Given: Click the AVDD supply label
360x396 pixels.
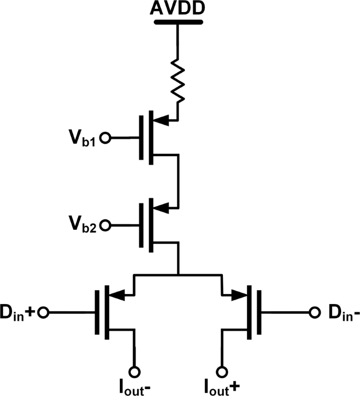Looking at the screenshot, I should pyautogui.click(x=179, y=9).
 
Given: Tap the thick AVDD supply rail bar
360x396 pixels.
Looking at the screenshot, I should pyautogui.click(x=179, y=23).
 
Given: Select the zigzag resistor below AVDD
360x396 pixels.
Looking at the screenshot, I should pyautogui.click(x=179, y=82).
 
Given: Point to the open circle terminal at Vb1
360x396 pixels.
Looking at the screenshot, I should pyautogui.click(x=105, y=138).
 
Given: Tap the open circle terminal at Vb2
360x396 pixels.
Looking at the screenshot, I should pyautogui.click(x=105, y=226).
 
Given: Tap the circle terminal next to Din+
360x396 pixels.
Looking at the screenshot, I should pyautogui.click(x=44, y=312).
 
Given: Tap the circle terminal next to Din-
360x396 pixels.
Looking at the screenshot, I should pyautogui.click(x=315, y=312).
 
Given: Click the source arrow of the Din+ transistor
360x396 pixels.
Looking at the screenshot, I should pyautogui.click(x=120, y=296).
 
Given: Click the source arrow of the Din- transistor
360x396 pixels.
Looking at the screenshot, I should pyautogui.click(x=239, y=296).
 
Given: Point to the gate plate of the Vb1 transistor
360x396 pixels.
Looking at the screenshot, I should pyautogui.click(x=142, y=138).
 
